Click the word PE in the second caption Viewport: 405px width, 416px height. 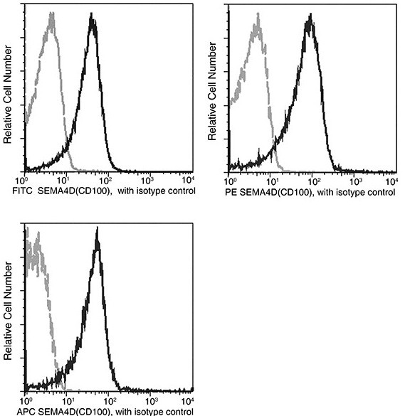point(233,192)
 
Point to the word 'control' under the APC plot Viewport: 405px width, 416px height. point(179,412)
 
